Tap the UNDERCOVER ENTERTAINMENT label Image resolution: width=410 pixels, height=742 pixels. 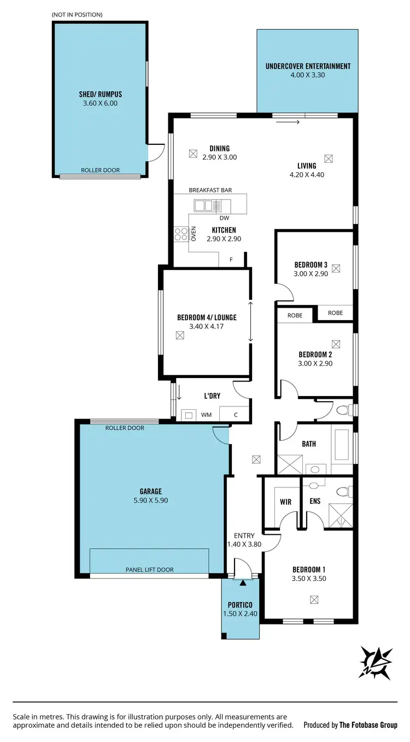[308, 66]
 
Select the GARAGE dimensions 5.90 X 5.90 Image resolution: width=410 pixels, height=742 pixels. [150, 499]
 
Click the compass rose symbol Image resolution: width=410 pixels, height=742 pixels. [376, 663]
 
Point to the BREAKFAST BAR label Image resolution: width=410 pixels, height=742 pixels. [210, 190]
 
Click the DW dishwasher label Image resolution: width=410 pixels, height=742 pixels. [223, 218]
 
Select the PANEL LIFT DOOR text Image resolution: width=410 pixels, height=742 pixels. [149, 569]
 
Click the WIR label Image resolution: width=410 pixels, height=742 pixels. [285, 502]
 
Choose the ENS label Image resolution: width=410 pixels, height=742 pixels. [314, 502]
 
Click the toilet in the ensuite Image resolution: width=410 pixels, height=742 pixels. [343, 492]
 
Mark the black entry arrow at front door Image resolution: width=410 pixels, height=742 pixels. [243, 583]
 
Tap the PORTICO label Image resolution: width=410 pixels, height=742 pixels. [240, 605]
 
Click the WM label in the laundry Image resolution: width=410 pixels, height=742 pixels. [206, 415]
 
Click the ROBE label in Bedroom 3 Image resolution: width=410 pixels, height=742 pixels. [335, 313]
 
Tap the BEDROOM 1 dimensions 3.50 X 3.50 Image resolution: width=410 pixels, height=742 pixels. [309, 578]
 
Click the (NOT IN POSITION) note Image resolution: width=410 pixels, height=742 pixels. [77, 14]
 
